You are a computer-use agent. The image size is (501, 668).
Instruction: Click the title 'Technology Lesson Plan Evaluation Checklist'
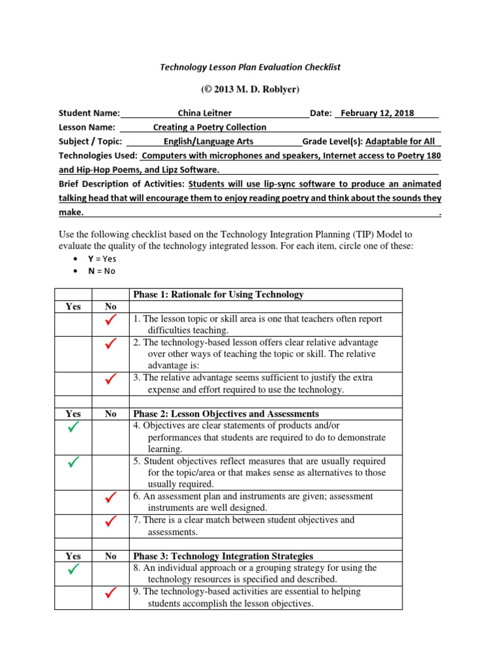pos(250,67)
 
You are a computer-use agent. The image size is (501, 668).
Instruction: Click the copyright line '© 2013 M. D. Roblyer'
pos(250,89)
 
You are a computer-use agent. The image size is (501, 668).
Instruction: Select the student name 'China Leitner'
pos(204,113)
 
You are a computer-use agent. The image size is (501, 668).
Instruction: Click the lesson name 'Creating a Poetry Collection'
pos(209,127)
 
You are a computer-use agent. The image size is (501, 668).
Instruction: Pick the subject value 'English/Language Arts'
pos(209,142)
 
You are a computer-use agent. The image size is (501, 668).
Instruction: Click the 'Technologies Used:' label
pos(98,156)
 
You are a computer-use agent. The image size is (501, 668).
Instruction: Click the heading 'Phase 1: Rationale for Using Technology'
pos(218,295)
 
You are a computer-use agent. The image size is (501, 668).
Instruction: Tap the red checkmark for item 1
pos(110,320)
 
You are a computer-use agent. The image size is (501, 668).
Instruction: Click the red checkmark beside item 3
pos(110,378)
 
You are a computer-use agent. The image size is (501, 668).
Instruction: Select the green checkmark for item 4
pos(73,427)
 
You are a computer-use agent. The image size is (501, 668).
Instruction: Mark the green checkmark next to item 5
pos(73,463)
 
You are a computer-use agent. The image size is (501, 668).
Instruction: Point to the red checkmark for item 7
pos(110,521)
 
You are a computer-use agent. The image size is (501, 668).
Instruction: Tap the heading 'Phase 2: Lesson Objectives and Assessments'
pos(226,414)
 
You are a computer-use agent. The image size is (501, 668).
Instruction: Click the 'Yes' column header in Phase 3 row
pos(73,556)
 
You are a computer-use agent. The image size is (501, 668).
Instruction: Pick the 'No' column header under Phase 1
pos(110,307)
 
